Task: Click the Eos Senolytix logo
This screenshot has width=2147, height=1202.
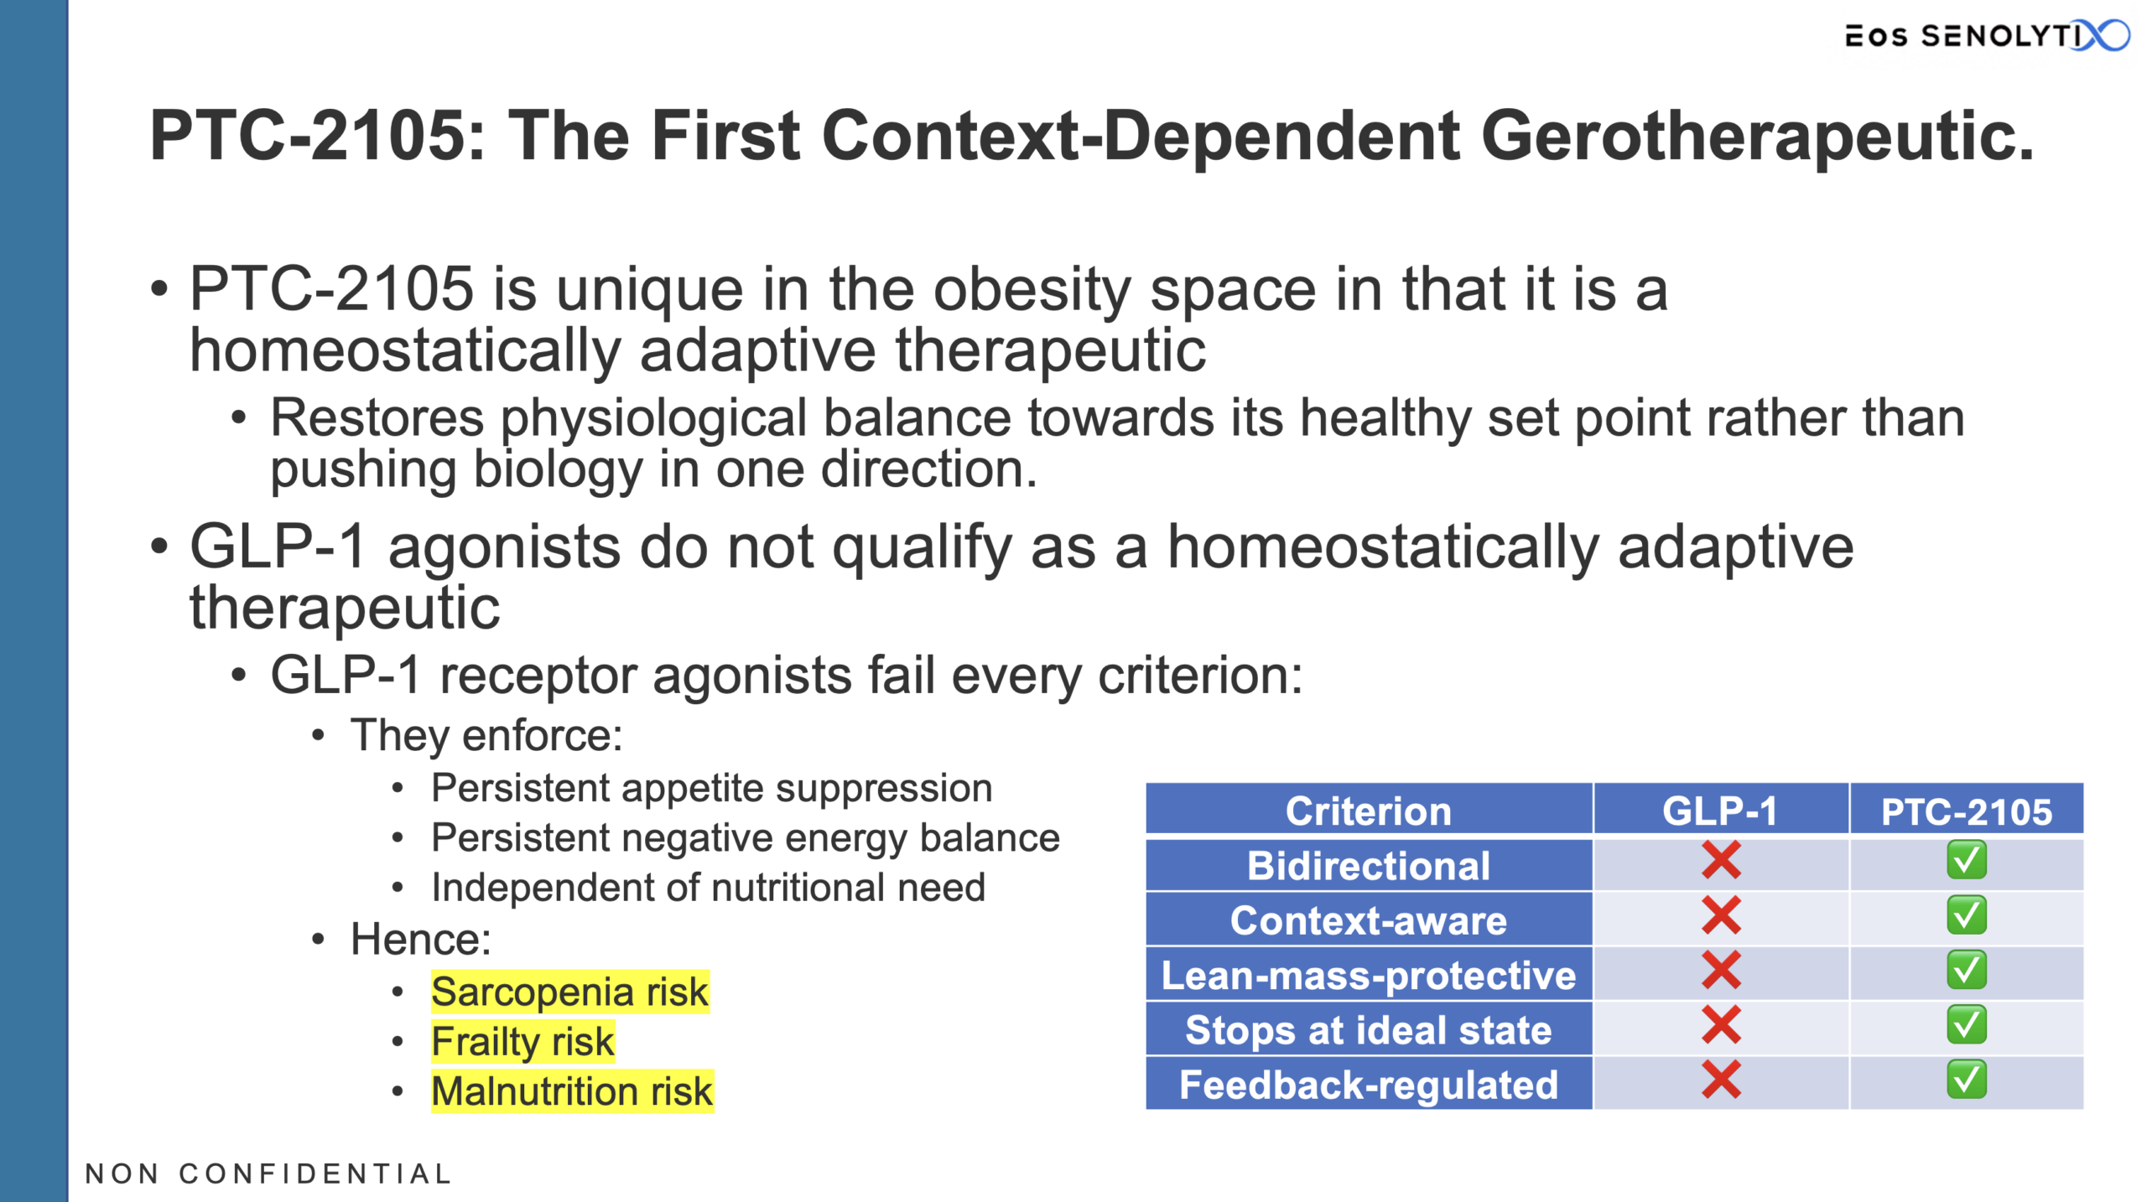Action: click(x=1986, y=35)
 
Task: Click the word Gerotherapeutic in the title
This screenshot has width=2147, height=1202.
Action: click(x=1757, y=136)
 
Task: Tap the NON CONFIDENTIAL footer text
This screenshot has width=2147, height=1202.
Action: click(x=268, y=1174)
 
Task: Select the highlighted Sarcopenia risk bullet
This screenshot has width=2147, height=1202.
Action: click(x=569, y=992)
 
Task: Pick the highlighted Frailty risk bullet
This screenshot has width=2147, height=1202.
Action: click(x=522, y=1041)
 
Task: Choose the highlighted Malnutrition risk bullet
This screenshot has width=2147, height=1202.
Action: click(x=572, y=1091)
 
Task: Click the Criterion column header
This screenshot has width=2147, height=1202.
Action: click(x=1369, y=811)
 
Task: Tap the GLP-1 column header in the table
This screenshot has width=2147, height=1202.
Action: click(x=1720, y=811)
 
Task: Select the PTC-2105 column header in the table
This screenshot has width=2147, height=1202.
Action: click(x=1967, y=811)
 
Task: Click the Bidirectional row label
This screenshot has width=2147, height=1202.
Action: click(x=1369, y=865)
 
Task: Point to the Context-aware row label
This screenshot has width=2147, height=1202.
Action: click(x=1369, y=920)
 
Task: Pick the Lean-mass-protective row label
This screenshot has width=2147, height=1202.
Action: click(x=1369, y=975)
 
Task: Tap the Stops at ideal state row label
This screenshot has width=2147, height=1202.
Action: click(x=1369, y=1030)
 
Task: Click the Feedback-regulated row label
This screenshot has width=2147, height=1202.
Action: click(x=1369, y=1085)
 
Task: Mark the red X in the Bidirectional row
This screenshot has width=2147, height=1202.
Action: click(x=1721, y=860)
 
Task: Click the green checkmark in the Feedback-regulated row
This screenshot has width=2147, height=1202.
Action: click(x=1967, y=1080)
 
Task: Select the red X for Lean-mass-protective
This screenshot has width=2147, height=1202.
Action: click(x=1721, y=970)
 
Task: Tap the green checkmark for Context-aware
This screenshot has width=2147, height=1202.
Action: click(x=1967, y=914)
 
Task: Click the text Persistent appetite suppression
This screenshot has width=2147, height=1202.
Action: click(x=711, y=789)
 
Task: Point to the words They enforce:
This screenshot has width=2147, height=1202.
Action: click(x=486, y=735)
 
